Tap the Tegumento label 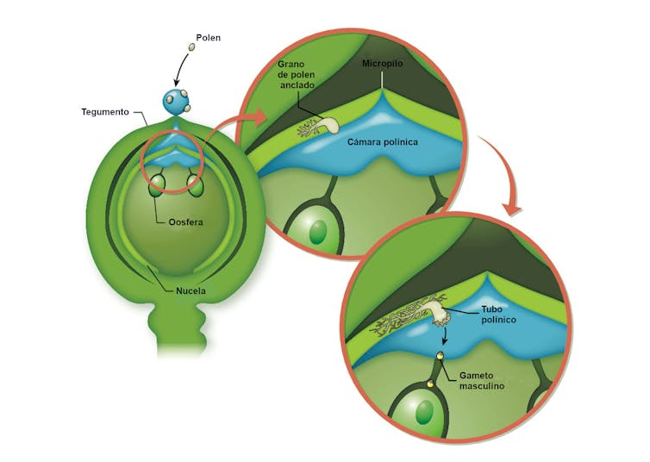[105, 112]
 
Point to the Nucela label [188, 291]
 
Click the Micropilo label [384, 64]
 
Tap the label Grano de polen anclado [298, 76]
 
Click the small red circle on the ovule [176, 153]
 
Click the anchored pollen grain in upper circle [324, 126]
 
